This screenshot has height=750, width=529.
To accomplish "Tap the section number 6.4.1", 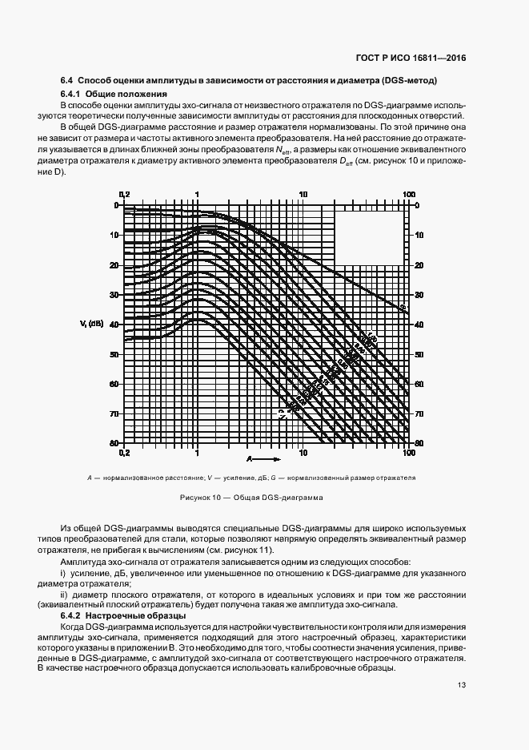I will pyautogui.click(x=74, y=95).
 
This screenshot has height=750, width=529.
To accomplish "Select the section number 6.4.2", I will pyautogui.click(x=74, y=615).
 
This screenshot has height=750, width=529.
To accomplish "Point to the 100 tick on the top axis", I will pyautogui.click(x=408, y=194).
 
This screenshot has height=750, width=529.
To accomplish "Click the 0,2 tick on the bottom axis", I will pyautogui.click(x=123, y=453).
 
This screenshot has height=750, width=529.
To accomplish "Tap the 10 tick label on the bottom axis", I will pyautogui.click(x=303, y=453).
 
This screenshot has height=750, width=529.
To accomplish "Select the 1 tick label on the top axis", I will pyautogui.click(x=197, y=194).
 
